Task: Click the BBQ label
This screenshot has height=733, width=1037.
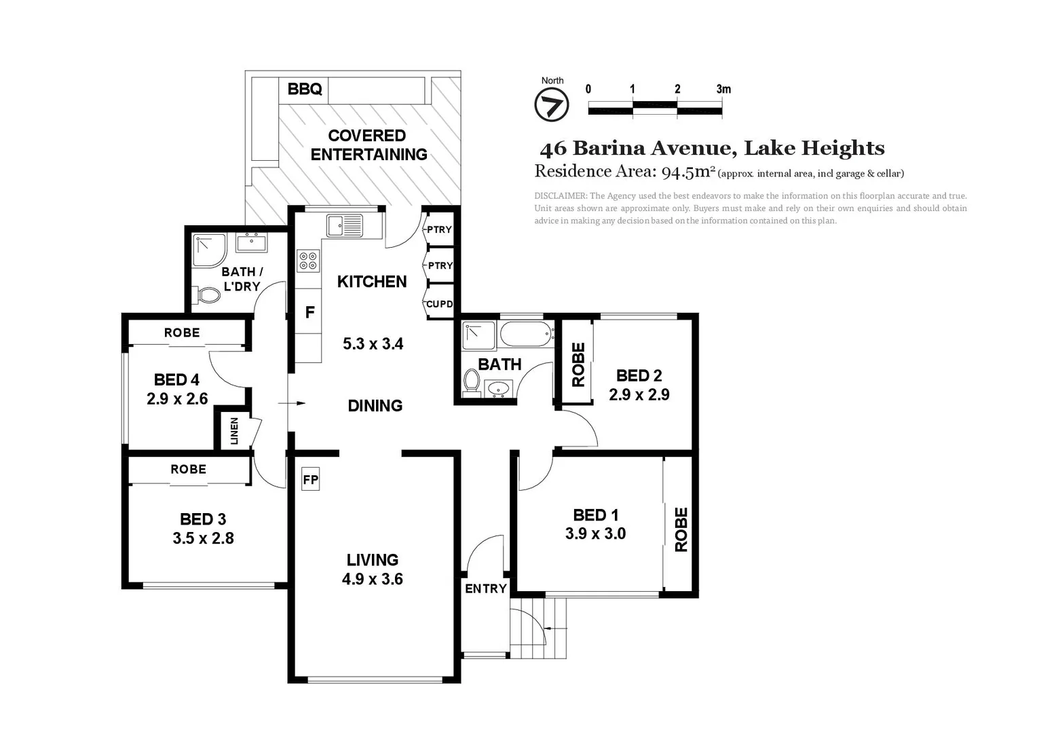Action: (x=304, y=89)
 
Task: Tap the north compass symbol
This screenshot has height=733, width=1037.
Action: (x=551, y=106)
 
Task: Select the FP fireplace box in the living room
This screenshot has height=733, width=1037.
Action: (x=310, y=479)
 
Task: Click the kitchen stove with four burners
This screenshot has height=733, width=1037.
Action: (x=307, y=261)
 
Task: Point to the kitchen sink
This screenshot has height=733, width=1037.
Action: (x=344, y=225)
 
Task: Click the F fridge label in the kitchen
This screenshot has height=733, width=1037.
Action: (x=309, y=312)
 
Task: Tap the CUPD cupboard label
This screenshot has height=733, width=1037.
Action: (x=439, y=304)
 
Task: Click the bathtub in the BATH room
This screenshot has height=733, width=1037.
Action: (x=526, y=335)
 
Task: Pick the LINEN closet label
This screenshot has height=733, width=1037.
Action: (x=234, y=430)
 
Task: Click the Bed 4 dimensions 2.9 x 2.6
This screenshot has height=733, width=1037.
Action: (x=177, y=398)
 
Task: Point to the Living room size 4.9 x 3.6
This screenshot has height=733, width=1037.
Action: (x=372, y=579)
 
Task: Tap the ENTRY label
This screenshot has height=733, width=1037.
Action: (x=485, y=588)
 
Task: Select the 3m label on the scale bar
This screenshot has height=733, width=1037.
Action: (x=723, y=89)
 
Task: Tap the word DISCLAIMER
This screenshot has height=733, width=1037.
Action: (x=560, y=196)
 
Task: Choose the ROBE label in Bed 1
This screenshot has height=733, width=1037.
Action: (x=681, y=529)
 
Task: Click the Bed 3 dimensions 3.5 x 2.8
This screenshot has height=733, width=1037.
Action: (x=203, y=538)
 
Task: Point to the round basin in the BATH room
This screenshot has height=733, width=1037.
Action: (x=499, y=389)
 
